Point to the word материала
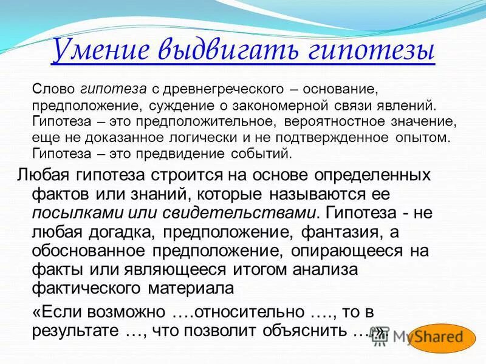pyautogui.click(x=187, y=286)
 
